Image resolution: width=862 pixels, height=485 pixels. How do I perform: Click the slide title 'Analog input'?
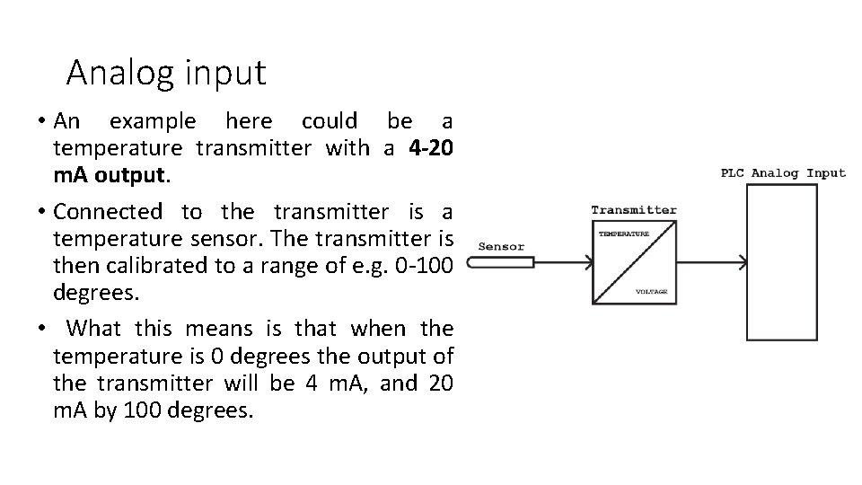pyautogui.click(x=166, y=73)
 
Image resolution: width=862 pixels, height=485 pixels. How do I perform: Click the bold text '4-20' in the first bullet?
pyautogui.click(x=430, y=147)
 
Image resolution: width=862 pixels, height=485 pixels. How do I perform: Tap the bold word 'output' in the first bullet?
pyautogui.click(x=131, y=174)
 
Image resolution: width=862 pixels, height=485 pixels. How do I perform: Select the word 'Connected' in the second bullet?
pyautogui.click(x=108, y=212)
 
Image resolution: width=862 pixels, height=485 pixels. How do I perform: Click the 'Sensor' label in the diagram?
pyautogui.click(x=501, y=246)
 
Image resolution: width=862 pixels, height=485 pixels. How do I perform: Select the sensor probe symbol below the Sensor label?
pyautogui.click(x=502, y=262)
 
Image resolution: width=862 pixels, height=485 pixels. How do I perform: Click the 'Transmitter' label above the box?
pyautogui.click(x=634, y=210)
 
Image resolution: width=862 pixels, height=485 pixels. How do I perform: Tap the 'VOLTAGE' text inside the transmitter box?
pyautogui.click(x=651, y=292)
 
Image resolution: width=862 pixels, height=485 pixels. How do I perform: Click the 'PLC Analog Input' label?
pyautogui.click(x=783, y=172)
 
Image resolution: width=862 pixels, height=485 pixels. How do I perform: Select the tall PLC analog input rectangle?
pyautogui.click(x=782, y=261)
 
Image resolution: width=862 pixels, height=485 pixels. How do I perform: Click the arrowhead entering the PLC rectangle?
pyautogui.click(x=742, y=262)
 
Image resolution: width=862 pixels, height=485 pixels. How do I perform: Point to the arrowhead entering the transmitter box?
pyautogui.click(x=587, y=262)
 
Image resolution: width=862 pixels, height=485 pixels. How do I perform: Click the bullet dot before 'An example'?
pyautogui.click(x=41, y=120)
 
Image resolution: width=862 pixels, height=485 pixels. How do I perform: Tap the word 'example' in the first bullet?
pyautogui.click(x=152, y=120)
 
